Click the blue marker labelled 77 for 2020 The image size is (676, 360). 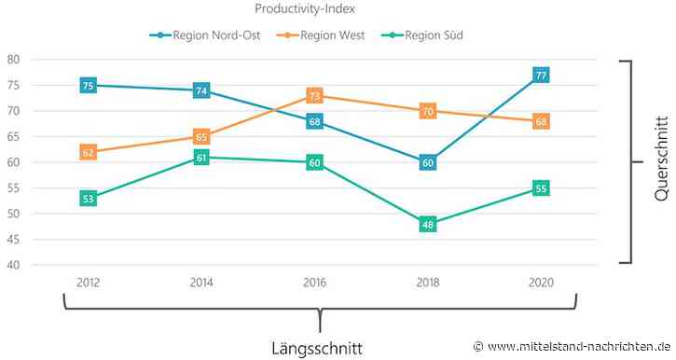tap(541, 75)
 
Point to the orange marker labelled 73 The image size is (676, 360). tap(314, 96)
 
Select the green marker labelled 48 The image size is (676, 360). tap(427, 224)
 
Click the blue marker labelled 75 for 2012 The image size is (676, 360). tap(88, 86)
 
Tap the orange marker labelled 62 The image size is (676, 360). tap(88, 152)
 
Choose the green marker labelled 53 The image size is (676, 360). tap(88, 199)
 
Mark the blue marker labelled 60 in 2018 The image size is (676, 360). tap(427, 162)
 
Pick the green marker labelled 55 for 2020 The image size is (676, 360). tap(541, 188)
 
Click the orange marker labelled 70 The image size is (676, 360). tap(427, 111)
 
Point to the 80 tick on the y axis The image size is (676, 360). tap(13, 60)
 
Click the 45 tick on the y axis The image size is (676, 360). tap(13, 240)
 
